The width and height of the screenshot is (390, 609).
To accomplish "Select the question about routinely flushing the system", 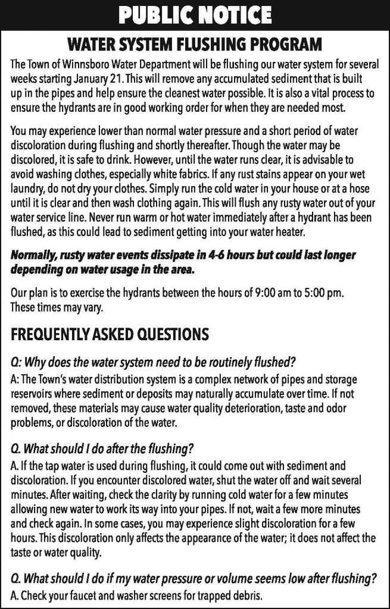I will pos(154,363).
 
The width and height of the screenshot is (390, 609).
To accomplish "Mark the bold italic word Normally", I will pos(35,255).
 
